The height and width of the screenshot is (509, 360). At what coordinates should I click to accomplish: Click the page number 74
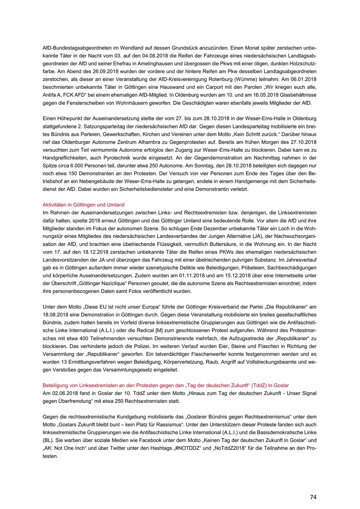313,497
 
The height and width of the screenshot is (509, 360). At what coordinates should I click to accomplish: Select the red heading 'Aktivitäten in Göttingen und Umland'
84,204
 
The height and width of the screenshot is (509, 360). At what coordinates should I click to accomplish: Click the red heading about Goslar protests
166,385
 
